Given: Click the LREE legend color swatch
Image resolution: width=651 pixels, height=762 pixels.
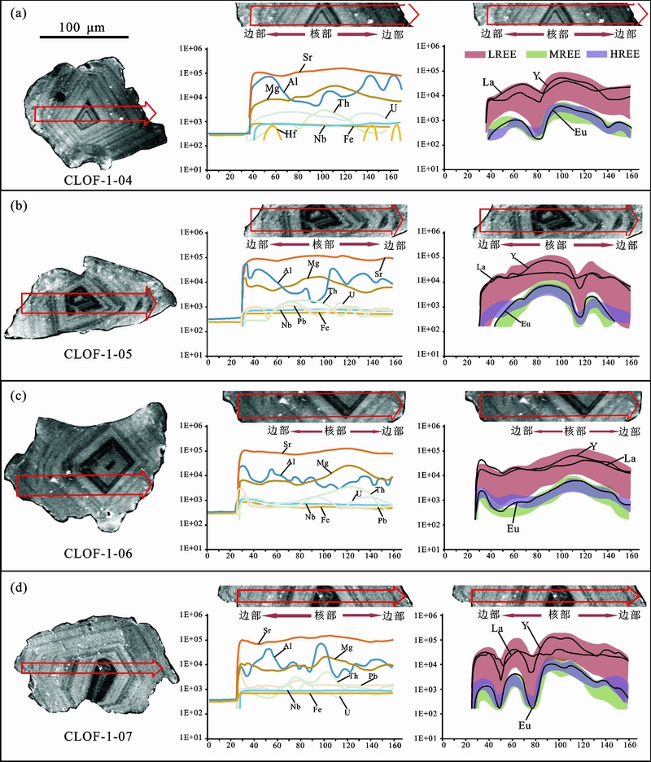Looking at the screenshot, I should click(477, 55).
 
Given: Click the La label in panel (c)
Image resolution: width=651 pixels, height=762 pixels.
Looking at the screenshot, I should click(629, 459).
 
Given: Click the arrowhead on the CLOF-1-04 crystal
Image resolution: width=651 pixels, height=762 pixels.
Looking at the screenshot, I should click(150, 113).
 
